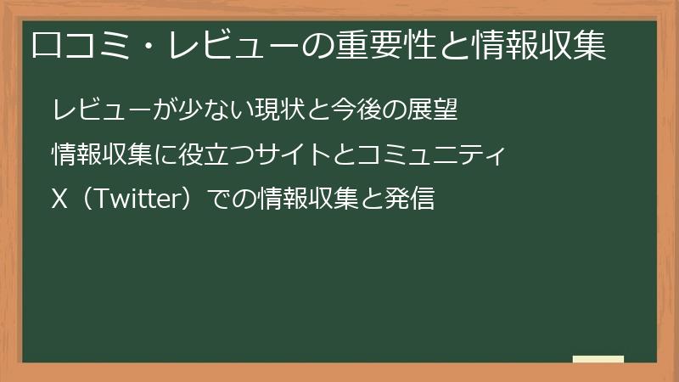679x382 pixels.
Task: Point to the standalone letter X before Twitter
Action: tap(59, 201)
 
